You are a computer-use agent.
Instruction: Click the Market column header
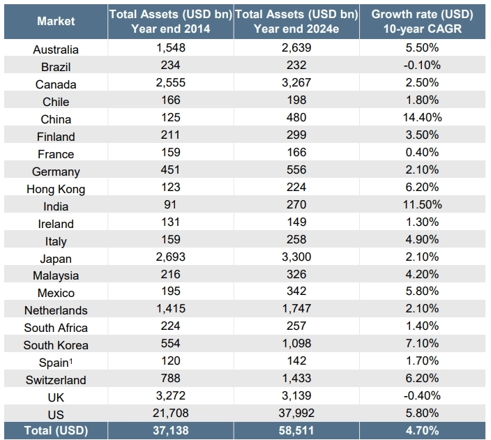coord(56,21)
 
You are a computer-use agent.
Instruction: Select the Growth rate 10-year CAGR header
coord(422,21)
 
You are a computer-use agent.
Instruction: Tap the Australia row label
coord(56,50)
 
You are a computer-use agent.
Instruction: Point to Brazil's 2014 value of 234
coord(170,66)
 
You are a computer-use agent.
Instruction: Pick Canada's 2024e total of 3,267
coord(296,84)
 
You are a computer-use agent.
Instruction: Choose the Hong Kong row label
coord(56,189)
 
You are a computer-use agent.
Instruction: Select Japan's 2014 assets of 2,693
coord(170,257)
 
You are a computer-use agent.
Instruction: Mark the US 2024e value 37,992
coord(296,414)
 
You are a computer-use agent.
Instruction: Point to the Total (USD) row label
coord(56,430)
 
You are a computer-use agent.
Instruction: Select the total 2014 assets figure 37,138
coord(170,430)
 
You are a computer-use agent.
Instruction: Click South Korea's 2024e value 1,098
coord(296,344)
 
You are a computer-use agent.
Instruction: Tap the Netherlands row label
coord(56,310)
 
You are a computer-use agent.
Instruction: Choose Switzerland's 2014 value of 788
coord(170,379)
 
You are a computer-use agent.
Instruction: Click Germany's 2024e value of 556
coord(296,170)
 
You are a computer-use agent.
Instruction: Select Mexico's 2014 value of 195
coord(170,292)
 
